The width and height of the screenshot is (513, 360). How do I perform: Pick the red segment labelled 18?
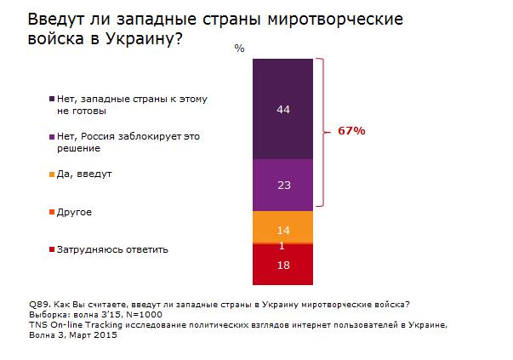click(284, 266)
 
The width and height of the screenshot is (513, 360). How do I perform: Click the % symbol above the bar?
click(240, 49)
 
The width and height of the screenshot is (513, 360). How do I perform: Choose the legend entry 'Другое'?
click(75, 211)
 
